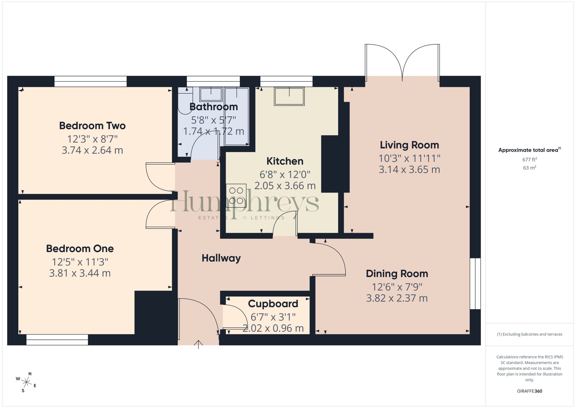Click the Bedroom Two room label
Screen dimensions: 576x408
(92, 126)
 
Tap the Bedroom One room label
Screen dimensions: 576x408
(80, 248)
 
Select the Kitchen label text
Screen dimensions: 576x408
(285, 161)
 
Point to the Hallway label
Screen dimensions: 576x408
(221, 258)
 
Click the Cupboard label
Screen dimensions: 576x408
(273, 304)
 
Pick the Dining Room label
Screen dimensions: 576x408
(397, 274)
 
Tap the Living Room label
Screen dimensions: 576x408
(409, 145)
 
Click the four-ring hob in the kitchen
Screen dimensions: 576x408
(236, 196)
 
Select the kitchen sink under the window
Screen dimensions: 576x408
(289, 96)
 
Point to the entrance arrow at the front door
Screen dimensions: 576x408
(198, 344)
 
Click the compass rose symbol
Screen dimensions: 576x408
(26, 382)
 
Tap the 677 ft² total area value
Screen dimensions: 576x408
(529, 159)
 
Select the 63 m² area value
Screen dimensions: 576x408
(529, 168)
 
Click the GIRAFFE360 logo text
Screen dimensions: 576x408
(529, 391)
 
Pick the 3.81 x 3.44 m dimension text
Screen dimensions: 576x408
(80, 273)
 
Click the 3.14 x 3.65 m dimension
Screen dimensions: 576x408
(409, 170)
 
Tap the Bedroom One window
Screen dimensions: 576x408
(57, 340)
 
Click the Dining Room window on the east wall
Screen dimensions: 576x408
(475, 283)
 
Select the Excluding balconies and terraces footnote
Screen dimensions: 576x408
(529, 334)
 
